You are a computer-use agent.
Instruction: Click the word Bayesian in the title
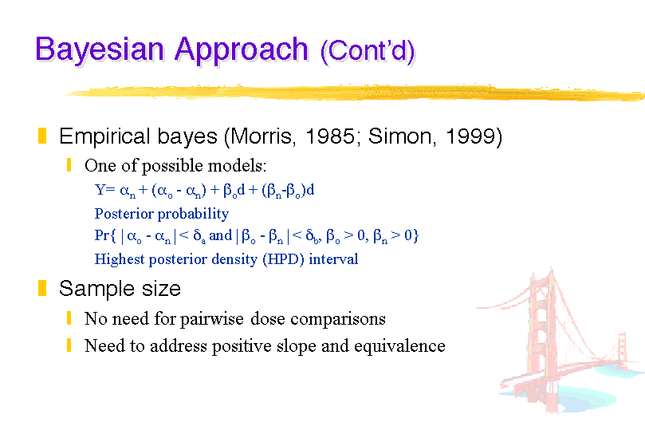click(x=100, y=50)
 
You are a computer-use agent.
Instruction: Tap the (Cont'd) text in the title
click(x=368, y=52)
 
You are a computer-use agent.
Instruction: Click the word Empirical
click(x=104, y=137)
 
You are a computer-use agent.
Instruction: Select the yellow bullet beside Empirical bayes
click(x=42, y=136)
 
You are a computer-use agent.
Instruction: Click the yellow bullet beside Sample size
click(x=42, y=288)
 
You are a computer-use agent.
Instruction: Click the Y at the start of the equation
click(x=100, y=189)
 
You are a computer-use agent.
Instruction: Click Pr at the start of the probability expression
click(x=101, y=235)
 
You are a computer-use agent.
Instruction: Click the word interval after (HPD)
click(x=333, y=259)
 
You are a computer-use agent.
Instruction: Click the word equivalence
click(x=399, y=346)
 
